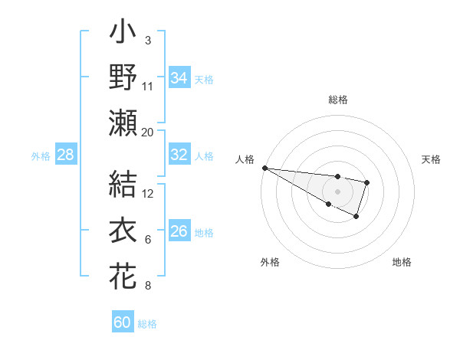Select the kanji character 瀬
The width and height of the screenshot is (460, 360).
[x=123, y=123]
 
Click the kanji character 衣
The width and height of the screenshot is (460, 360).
[x=123, y=231]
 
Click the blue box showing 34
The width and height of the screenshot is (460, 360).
[x=179, y=78]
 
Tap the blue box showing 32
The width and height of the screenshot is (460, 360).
[x=179, y=155]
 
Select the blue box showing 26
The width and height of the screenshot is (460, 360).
[x=179, y=231]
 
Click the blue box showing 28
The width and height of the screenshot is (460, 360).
[x=66, y=155]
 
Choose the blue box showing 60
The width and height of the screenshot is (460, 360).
[x=123, y=322]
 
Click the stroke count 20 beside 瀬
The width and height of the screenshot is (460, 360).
[x=148, y=132]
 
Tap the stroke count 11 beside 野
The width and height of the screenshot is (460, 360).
[x=148, y=86]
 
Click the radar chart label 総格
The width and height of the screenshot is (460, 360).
[x=337, y=100]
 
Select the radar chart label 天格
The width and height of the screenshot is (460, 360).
[x=432, y=159]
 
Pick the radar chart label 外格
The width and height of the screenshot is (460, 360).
[x=270, y=262]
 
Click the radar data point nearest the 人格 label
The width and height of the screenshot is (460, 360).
[x=264, y=167]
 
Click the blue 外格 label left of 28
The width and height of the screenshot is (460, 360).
[x=41, y=155]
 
